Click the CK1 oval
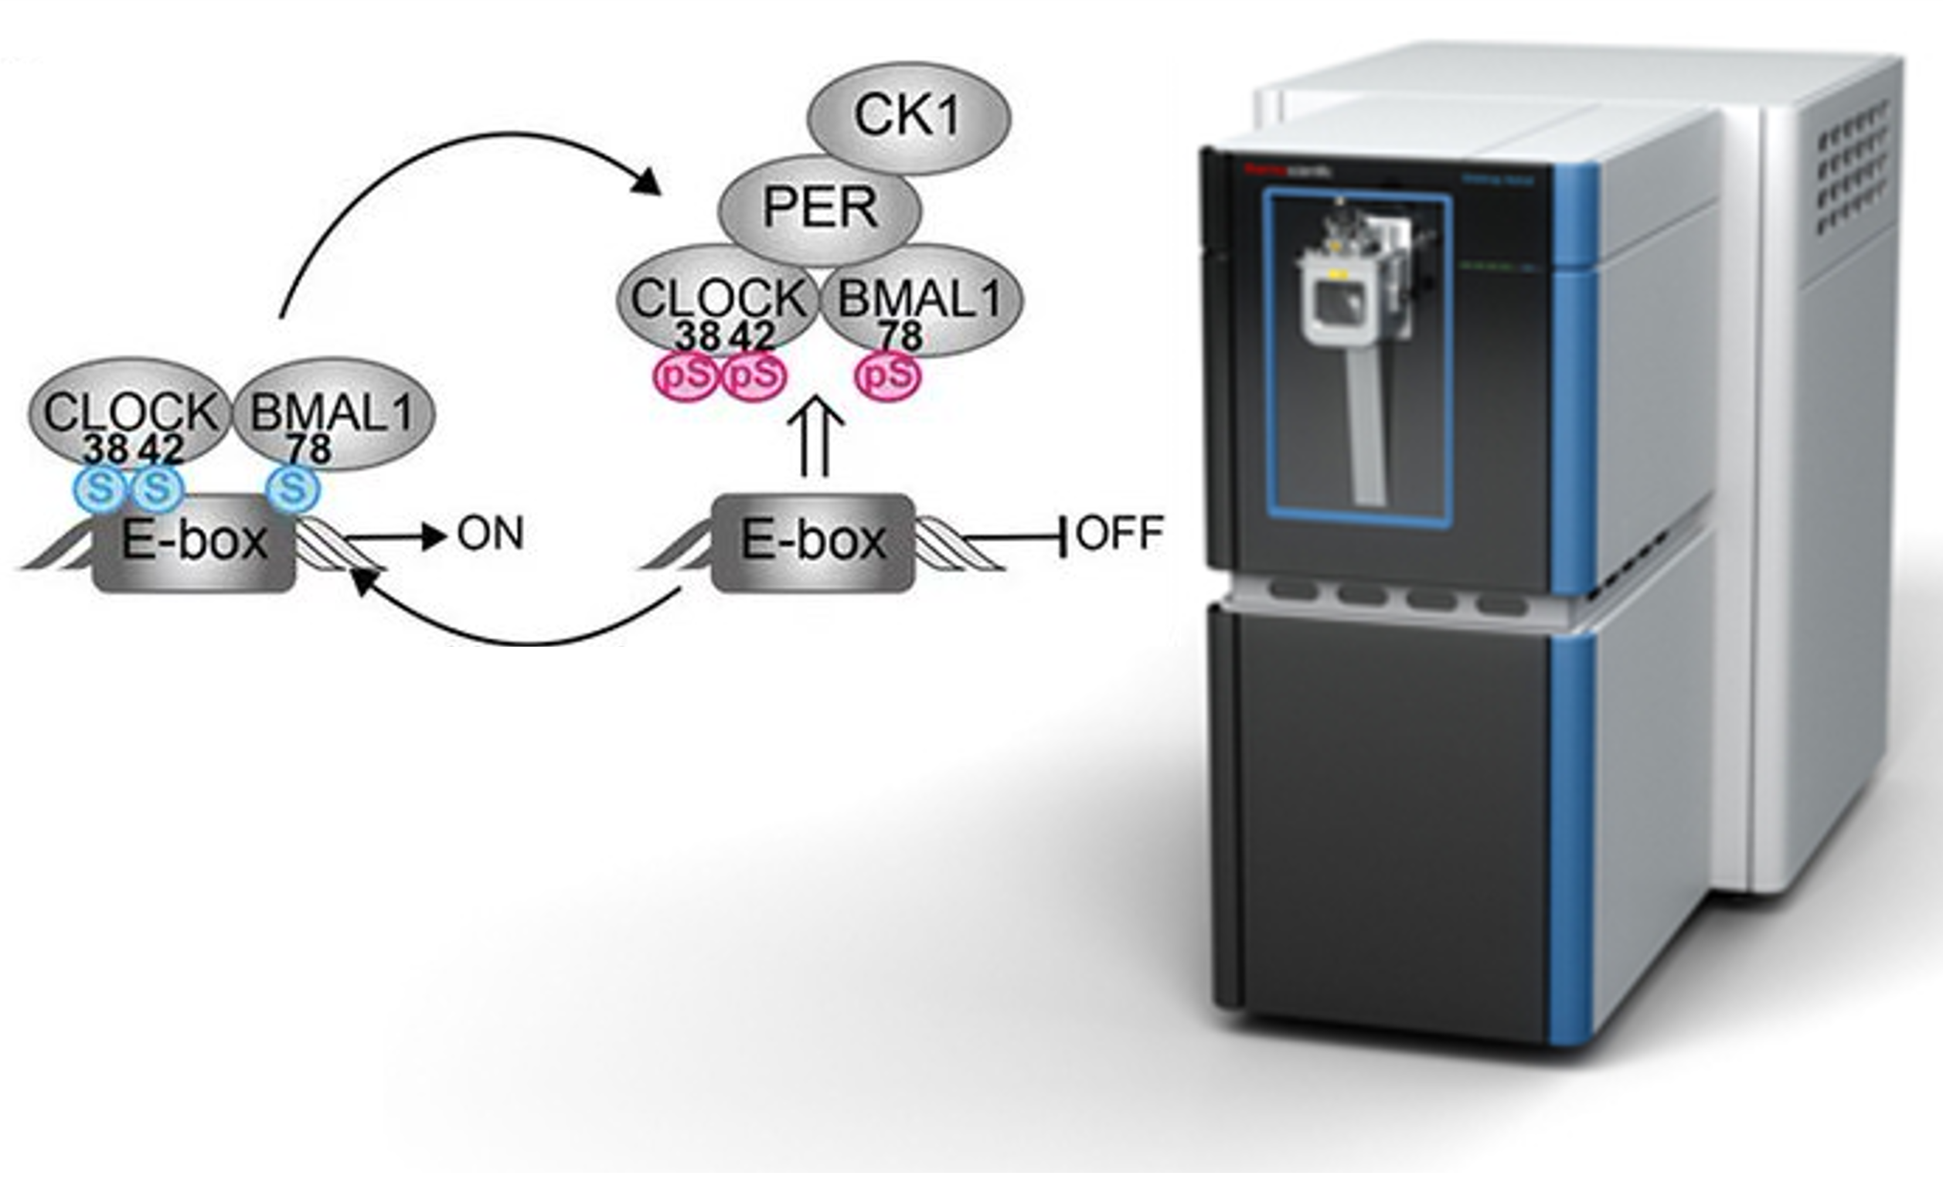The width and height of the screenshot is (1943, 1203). (909, 117)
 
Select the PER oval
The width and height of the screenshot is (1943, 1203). (819, 209)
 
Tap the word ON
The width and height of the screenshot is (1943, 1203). (490, 535)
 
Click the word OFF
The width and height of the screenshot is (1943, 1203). (1119, 533)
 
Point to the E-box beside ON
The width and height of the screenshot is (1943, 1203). (193, 542)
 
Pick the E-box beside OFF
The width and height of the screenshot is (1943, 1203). (812, 542)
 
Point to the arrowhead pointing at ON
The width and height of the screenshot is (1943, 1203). (434, 537)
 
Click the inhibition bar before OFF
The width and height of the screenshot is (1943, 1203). (1063, 537)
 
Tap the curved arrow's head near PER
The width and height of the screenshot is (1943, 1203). (648, 183)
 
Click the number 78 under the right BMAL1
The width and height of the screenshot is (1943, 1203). (900, 337)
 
